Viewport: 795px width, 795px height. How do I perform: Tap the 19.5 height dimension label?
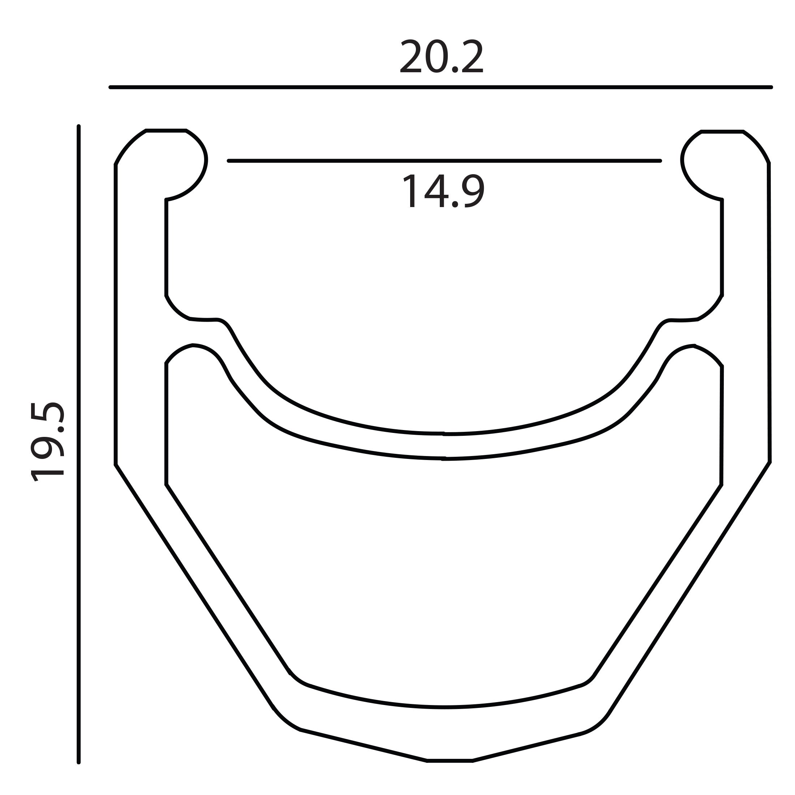[48, 442]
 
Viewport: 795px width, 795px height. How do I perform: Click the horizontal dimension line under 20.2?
[441, 87]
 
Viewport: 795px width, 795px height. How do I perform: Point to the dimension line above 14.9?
[444, 161]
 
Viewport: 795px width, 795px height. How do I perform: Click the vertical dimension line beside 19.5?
[78, 444]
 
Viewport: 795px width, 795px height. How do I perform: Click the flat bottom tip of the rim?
[450, 761]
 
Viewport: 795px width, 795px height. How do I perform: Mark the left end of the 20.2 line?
[110, 87]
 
